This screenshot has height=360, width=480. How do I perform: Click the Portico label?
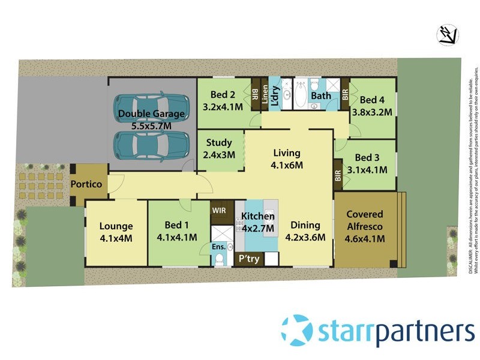(88, 184)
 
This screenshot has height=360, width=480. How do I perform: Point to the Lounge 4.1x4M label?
(116, 232)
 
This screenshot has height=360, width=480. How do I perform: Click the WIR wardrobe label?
(219, 211)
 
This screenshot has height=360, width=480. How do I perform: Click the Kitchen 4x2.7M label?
(258, 222)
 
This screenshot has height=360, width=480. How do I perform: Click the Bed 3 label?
(367, 163)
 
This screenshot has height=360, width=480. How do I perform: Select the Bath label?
(322, 96)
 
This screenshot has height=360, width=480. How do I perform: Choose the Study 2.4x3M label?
(220, 148)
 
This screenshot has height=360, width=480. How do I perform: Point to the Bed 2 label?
(223, 101)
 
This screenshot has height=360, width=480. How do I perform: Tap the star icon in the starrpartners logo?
(297, 330)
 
